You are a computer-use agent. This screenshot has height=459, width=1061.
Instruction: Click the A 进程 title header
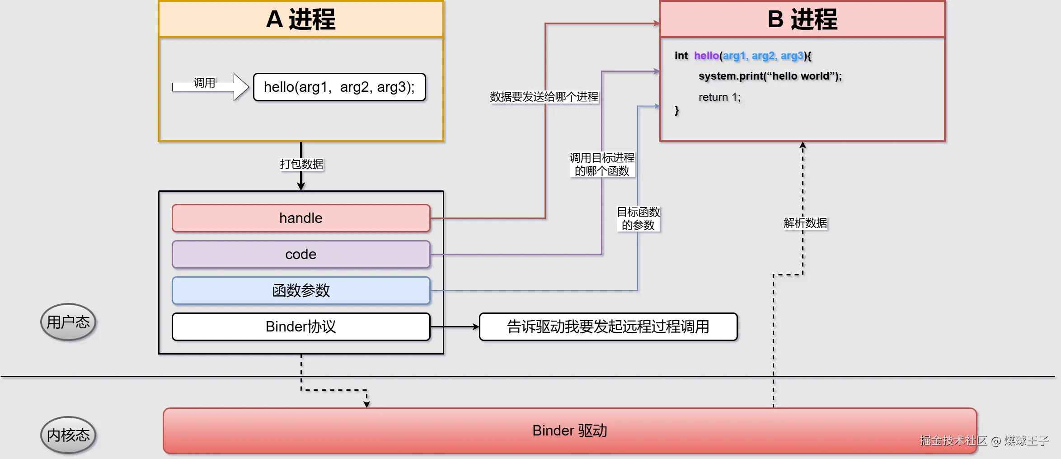(x=301, y=19)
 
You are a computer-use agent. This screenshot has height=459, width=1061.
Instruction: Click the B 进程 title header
(x=802, y=19)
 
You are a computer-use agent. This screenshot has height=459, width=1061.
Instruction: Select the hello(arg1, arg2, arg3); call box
(x=339, y=87)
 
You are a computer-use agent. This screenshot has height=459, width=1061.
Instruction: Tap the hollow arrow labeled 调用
(x=211, y=86)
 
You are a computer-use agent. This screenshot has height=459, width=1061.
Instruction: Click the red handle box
(x=301, y=218)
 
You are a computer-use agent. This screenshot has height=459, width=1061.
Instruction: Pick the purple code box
(x=301, y=254)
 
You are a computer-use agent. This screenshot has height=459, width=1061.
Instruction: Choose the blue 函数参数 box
(x=301, y=290)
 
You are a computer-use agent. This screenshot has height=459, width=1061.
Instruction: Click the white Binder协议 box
(x=301, y=327)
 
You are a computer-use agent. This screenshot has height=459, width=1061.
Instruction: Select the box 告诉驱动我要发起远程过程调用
(x=608, y=327)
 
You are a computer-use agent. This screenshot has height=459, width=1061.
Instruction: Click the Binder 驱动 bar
(x=569, y=431)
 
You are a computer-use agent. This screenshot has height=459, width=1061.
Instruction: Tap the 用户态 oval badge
(x=68, y=322)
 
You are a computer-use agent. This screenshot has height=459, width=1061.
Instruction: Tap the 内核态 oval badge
(x=68, y=435)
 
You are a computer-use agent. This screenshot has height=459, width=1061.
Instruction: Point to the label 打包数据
(x=301, y=164)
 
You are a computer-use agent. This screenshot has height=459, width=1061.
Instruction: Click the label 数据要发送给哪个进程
(x=544, y=97)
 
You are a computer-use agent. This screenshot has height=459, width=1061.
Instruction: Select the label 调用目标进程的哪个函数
(x=602, y=164)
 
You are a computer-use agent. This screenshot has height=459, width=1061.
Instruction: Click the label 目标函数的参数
(x=638, y=218)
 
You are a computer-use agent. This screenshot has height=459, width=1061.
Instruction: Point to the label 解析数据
(x=805, y=223)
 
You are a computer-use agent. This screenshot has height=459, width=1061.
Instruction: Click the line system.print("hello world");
(x=770, y=76)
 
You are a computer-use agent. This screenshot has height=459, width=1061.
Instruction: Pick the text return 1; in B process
(x=719, y=97)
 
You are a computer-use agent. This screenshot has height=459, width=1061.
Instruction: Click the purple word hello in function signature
(x=706, y=56)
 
